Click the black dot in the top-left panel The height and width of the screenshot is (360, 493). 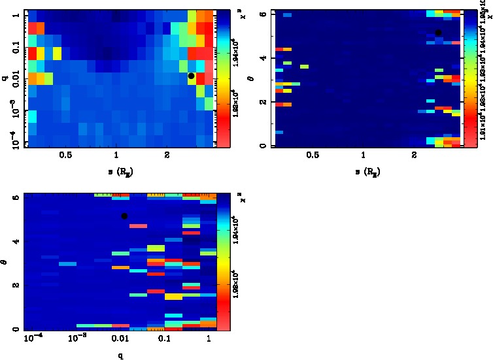point(192,76)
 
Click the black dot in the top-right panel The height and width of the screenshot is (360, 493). point(439,33)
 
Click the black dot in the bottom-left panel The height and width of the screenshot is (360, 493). point(124,216)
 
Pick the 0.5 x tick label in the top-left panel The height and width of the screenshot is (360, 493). point(65,156)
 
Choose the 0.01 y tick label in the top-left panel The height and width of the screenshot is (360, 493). point(15,80)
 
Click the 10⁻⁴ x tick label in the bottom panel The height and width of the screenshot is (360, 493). point(31,340)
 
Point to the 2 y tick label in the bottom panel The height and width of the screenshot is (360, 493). point(14,285)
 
